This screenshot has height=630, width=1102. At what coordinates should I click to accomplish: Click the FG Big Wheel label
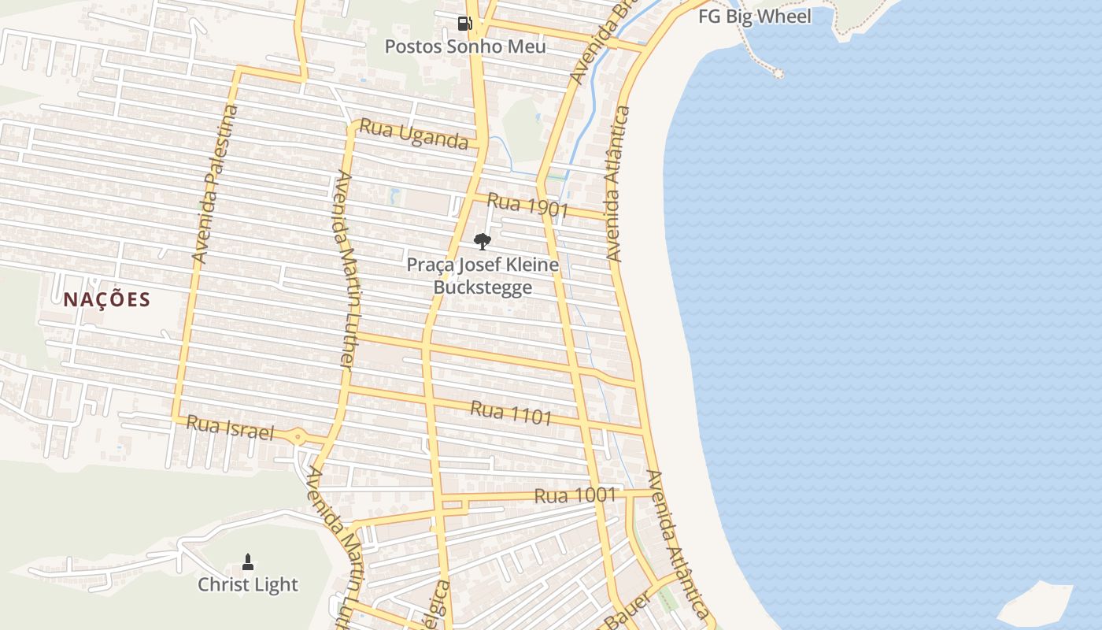754,17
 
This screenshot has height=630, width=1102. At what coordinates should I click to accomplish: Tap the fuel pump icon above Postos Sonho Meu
464,23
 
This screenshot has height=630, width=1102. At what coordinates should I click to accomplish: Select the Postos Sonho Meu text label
464,46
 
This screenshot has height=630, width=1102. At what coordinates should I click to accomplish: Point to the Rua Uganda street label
413,135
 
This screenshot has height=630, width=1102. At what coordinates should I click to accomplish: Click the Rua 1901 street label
527,205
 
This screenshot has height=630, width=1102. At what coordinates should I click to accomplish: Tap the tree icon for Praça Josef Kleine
483,241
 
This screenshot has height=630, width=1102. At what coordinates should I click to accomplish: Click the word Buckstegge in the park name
483,287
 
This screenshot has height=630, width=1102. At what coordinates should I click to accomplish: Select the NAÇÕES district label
107,300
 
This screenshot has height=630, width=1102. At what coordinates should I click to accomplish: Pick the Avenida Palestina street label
214,183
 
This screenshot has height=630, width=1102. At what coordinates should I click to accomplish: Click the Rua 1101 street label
511,413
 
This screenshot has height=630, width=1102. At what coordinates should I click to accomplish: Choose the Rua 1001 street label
575,495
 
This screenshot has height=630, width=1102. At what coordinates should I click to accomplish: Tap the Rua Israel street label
231,428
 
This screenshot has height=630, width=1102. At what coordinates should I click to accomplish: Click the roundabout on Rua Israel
298,436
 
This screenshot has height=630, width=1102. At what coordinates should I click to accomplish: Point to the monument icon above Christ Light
248,561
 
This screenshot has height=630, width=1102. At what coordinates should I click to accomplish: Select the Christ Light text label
248,584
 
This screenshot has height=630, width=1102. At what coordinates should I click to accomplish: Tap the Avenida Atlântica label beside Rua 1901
618,183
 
